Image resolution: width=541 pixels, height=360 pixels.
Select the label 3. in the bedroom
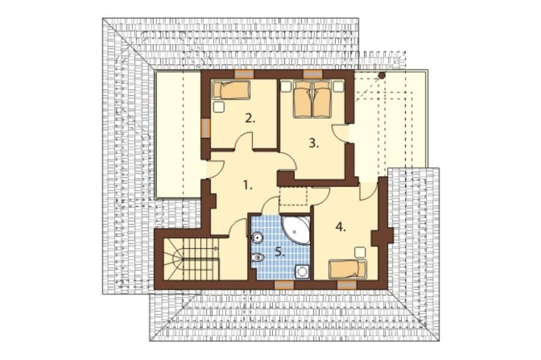(313, 143)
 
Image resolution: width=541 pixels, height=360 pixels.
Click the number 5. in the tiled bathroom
(280, 253)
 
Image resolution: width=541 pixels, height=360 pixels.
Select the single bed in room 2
(231, 90)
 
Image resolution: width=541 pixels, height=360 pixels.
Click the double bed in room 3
(312, 99)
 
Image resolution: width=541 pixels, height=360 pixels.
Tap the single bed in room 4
(347, 269)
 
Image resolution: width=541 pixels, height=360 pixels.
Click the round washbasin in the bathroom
(258, 237)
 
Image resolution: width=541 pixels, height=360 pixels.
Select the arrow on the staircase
(201, 248)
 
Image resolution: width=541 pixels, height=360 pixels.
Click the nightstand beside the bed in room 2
(218, 107)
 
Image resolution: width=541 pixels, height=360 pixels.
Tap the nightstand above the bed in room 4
(360, 252)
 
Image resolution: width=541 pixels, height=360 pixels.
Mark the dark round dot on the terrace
(381, 75)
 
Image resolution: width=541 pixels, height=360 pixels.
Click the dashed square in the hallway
(293, 196)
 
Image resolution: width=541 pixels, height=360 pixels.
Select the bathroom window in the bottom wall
(284, 284)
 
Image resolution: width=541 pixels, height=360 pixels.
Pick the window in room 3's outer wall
(312, 74)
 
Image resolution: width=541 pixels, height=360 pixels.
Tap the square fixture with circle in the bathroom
(302, 272)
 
